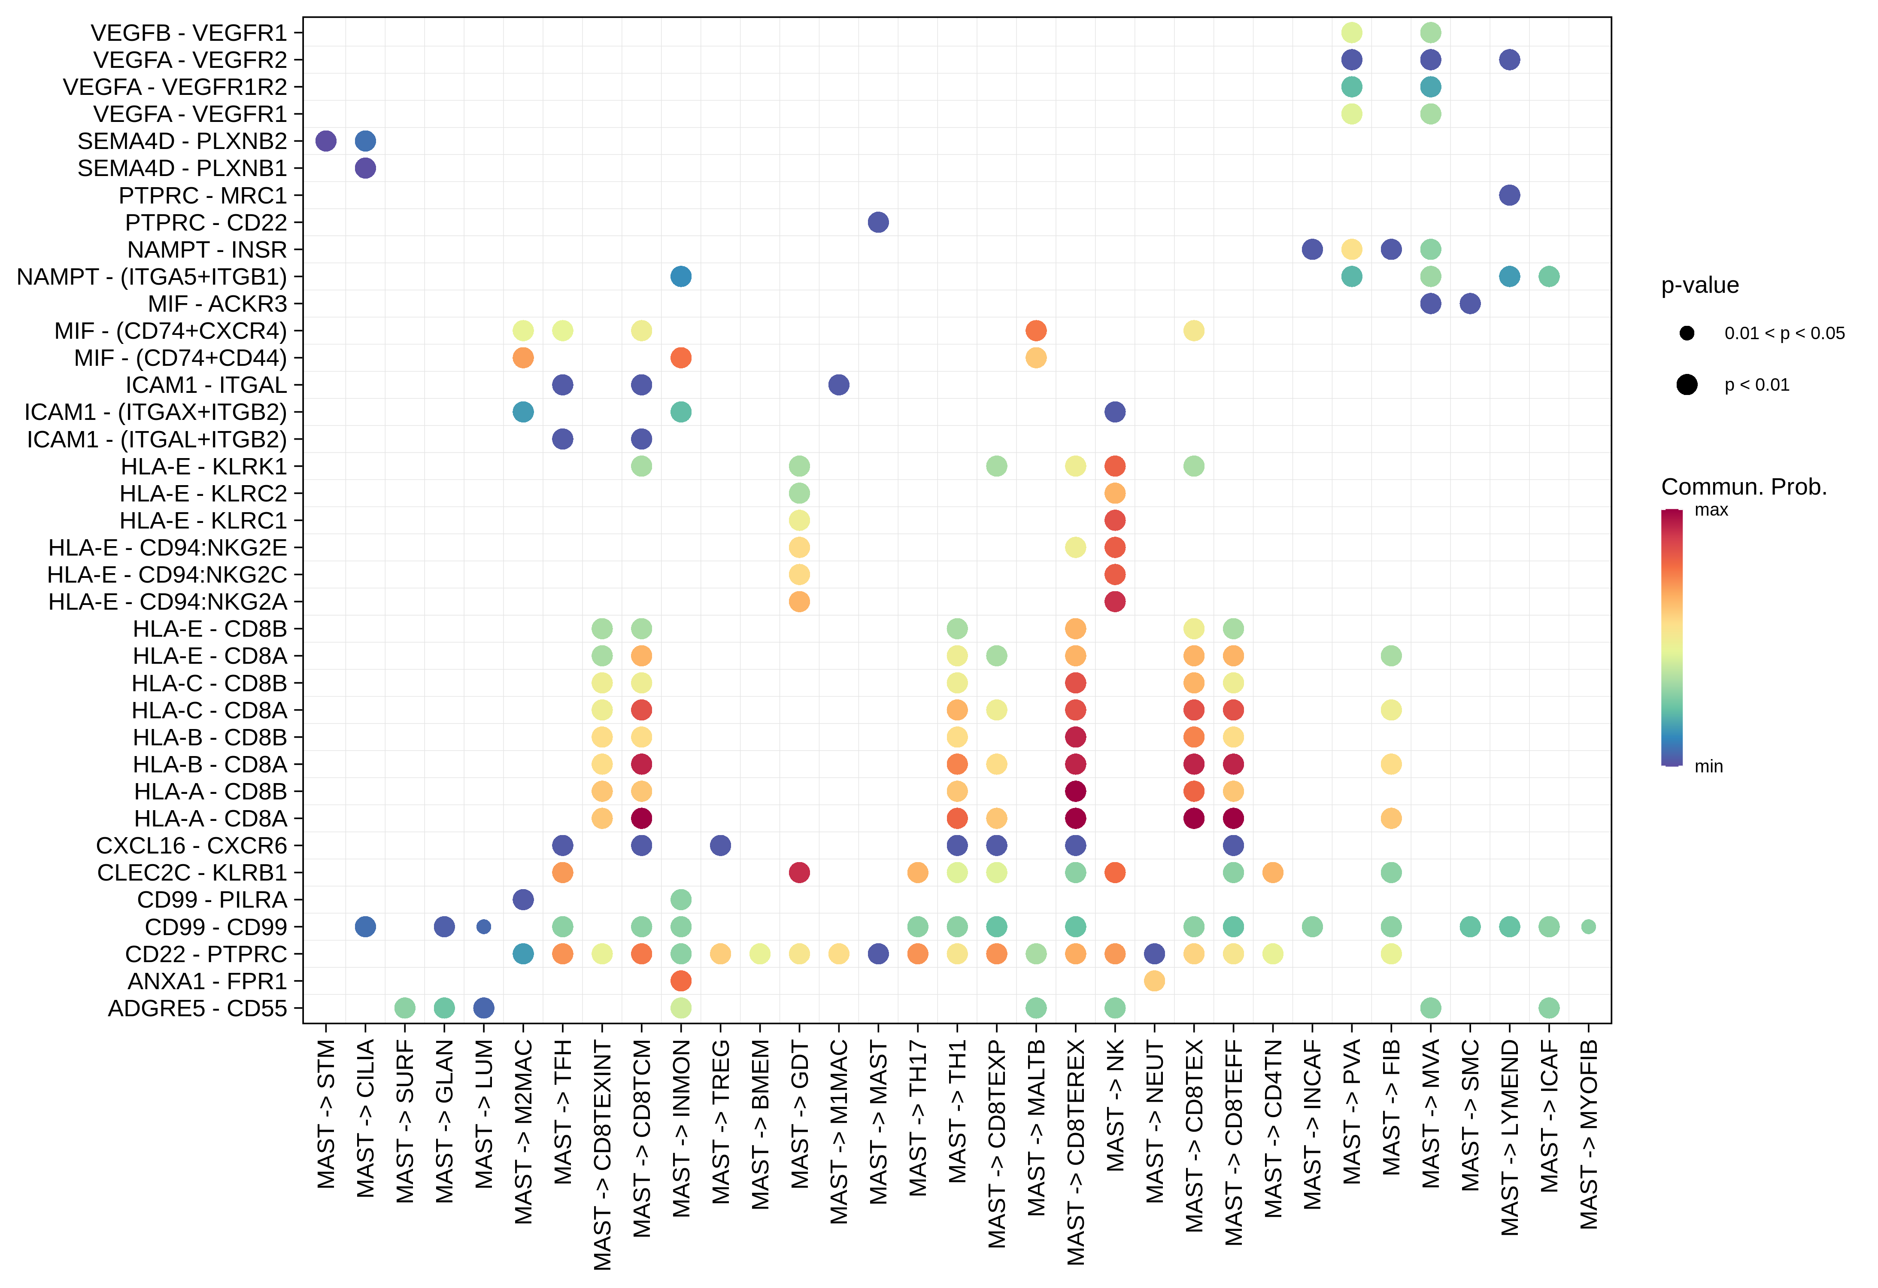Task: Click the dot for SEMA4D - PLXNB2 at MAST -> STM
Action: (326, 141)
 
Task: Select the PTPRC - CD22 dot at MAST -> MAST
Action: (878, 222)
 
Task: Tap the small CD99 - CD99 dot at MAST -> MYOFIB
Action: (1589, 927)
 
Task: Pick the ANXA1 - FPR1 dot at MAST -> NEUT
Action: (1155, 981)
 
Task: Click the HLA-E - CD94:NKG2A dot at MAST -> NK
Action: (1115, 602)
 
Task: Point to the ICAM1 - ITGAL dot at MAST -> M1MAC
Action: (839, 385)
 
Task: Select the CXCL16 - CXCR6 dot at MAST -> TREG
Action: (721, 845)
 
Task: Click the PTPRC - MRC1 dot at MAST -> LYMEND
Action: (1510, 195)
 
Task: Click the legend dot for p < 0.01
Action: (1687, 385)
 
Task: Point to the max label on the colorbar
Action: (1711, 510)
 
